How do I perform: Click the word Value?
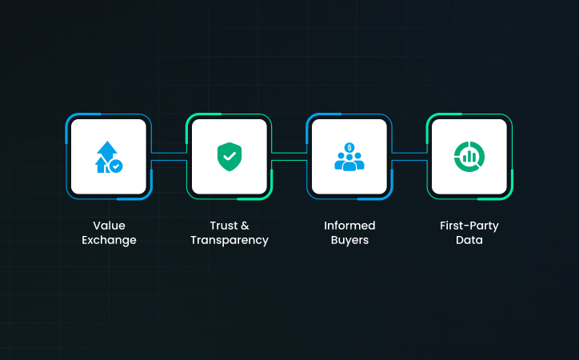click(109, 226)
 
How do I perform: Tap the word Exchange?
click(109, 240)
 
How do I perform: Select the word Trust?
click(224, 226)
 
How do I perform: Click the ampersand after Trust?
click(245, 226)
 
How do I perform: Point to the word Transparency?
click(230, 240)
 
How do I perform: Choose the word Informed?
click(349, 226)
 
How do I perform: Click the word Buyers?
click(349, 240)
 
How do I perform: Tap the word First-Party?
click(469, 226)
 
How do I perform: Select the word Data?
click(469, 240)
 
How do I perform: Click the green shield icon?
click(230, 157)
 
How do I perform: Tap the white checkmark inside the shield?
click(230, 156)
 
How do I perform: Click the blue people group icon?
click(349, 162)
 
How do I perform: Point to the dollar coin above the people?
click(349, 148)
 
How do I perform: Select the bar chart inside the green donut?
click(469, 157)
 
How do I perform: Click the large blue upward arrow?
click(107, 151)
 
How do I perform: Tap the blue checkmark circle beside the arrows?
click(116, 166)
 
